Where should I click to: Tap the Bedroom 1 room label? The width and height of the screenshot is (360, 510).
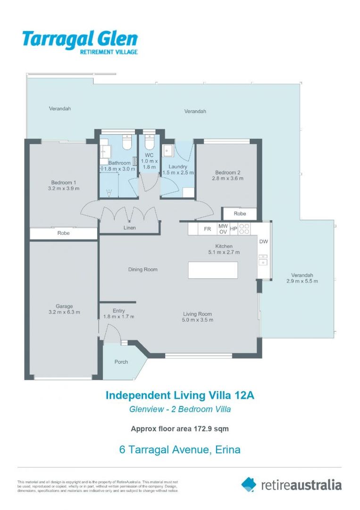(63, 182)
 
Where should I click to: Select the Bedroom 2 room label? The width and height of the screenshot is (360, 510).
(227, 172)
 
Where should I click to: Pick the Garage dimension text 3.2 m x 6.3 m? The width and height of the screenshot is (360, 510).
(64, 312)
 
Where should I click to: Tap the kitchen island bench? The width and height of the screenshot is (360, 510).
(213, 270)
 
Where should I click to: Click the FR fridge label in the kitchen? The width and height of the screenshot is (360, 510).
(207, 229)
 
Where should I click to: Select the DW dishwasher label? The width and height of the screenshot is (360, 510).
(263, 241)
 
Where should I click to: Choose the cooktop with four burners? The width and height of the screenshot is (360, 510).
(244, 229)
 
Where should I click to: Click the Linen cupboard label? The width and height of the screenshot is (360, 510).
(129, 228)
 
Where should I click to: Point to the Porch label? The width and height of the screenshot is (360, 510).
(121, 362)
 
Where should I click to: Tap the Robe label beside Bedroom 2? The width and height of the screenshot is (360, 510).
(240, 213)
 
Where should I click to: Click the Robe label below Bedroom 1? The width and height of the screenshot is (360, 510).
(63, 233)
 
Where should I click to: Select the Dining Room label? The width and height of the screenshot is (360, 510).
(142, 269)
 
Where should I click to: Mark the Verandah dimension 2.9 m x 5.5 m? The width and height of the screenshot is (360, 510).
(302, 281)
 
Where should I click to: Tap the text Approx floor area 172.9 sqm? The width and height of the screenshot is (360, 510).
(180, 429)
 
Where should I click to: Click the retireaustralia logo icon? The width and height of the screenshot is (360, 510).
(249, 484)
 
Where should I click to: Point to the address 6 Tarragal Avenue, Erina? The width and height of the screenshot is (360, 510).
(180, 450)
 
